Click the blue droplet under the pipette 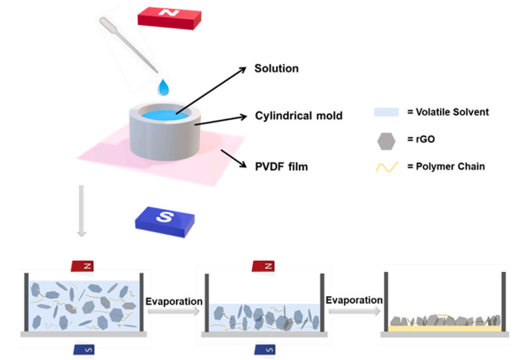(x=164, y=87)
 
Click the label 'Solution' (x=275, y=68)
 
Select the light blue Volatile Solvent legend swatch (x=385, y=112)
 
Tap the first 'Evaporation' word (x=173, y=300)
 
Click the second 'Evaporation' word (x=353, y=300)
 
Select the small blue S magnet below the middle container (x=262, y=350)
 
